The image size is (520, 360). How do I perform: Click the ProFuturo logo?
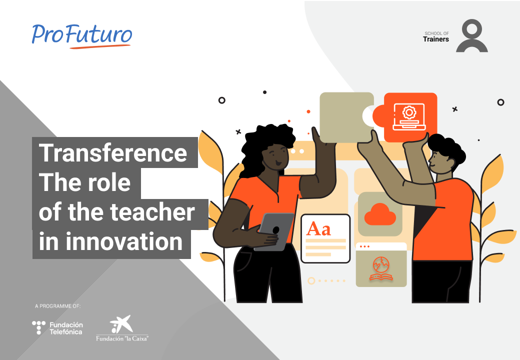coord(82,36)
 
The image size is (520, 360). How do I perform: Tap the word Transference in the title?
coord(113,153)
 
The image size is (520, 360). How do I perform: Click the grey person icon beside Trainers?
coord(471,36)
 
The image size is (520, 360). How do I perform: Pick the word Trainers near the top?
coord(436,39)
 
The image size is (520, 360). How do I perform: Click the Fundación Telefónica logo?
coord(57,328)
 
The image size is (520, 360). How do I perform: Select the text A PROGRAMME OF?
coord(57,306)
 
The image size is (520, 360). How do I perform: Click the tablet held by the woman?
coord(274,231)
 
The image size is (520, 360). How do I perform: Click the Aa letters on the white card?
coord(318,228)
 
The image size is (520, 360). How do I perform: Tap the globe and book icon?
coord(381,268)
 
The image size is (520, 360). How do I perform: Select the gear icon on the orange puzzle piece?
coord(409,112)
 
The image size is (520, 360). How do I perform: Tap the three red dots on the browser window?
coord(364,246)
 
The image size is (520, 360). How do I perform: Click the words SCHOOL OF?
coord(437,33)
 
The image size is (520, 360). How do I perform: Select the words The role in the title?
coord(85,182)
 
